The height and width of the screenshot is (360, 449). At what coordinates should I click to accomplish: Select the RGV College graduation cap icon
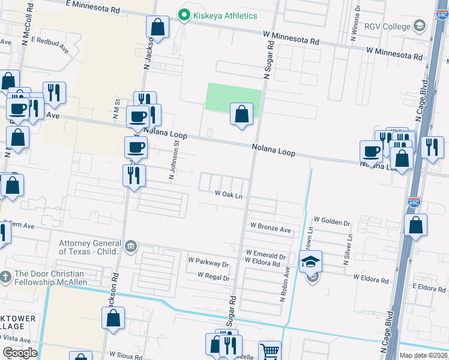click(419, 26)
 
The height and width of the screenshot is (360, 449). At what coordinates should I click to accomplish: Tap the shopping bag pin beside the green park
click(241, 114)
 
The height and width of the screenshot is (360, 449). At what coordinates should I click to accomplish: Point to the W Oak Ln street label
click(229, 195)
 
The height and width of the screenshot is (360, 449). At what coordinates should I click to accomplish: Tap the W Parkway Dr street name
click(208, 262)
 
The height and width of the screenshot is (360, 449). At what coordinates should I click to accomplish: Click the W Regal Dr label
click(214, 278)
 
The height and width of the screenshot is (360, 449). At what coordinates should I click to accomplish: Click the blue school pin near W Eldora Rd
click(310, 262)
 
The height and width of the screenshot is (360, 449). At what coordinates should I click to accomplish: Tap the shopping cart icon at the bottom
click(270, 351)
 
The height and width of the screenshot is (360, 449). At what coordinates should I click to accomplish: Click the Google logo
click(20, 353)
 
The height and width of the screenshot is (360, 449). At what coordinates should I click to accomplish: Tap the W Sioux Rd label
click(125, 356)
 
